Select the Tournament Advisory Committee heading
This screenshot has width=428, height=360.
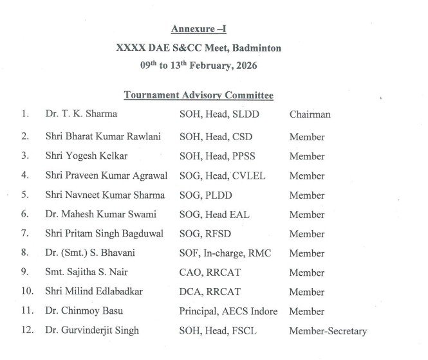pos(198,95)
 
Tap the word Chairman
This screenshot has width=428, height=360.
pos(310,114)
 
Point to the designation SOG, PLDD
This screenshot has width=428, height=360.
pos(205,195)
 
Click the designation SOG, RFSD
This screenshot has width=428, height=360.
pos(204,234)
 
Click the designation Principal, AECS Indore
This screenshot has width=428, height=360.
pos(228,312)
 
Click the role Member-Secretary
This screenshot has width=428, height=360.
pos(328,331)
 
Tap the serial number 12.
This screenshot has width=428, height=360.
pos(26,331)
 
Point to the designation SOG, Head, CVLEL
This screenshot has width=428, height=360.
pos(222,175)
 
